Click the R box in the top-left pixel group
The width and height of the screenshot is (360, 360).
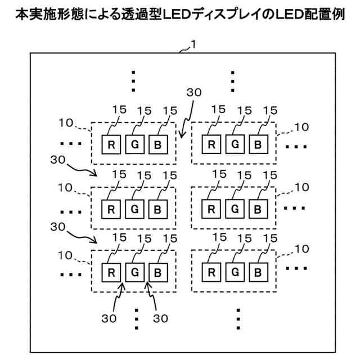point(111,144)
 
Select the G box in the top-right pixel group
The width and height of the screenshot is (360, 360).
point(235,144)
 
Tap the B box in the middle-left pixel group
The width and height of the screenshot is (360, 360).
point(158,209)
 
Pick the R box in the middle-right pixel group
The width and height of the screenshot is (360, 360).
point(211,209)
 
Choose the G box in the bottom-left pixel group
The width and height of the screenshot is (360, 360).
point(134,273)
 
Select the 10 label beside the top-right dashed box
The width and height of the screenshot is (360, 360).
point(301,127)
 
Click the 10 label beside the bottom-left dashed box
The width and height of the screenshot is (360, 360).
point(66,255)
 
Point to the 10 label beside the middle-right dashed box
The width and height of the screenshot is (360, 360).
point(301,187)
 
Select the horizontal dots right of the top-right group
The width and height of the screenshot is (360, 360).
point(296,147)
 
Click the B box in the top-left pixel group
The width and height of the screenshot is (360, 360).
point(158,144)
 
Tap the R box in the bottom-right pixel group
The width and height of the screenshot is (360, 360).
point(211,273)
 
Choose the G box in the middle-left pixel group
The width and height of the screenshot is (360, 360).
point(134,209)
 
